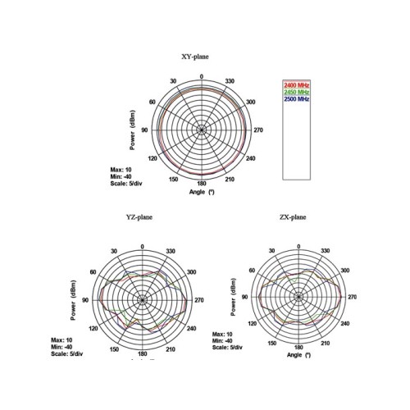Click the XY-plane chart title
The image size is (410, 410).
tap(195, 57)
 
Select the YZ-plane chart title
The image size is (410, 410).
tap(139, 217)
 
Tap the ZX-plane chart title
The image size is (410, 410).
tap(293, 217)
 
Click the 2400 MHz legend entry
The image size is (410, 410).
tap(297, 85)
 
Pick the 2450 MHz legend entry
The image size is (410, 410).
tap(297, 92)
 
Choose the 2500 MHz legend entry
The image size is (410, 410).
tap(297, 98)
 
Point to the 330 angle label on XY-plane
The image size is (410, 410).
tap(230, 81)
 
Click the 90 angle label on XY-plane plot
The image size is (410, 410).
tap(144, 130)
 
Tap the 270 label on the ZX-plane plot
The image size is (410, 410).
tap(352, 297)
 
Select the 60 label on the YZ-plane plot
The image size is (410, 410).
tap(93, 272)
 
